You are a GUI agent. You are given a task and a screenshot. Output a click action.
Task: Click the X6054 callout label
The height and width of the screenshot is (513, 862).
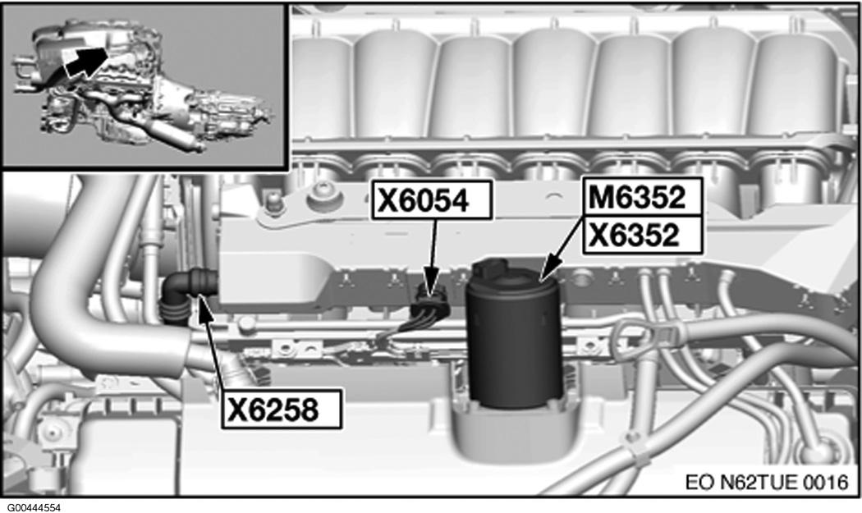(432, 200)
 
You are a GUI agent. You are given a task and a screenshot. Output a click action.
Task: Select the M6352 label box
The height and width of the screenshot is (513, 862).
(642, 197)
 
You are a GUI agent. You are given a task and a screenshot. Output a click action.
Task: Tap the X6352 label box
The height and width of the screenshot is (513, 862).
(642, 235)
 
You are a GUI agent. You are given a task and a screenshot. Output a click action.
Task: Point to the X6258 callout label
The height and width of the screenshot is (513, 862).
(282, 410)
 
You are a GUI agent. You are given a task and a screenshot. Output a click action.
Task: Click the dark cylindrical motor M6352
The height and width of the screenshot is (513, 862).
(513, 336)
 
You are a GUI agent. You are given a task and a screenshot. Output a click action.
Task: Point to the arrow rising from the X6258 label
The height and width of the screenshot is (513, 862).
(213, 341)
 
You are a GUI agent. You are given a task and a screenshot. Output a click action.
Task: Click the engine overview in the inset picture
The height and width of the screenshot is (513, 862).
(144, 85)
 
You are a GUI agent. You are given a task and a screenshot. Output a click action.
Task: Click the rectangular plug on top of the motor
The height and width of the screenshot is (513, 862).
(491, 268)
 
